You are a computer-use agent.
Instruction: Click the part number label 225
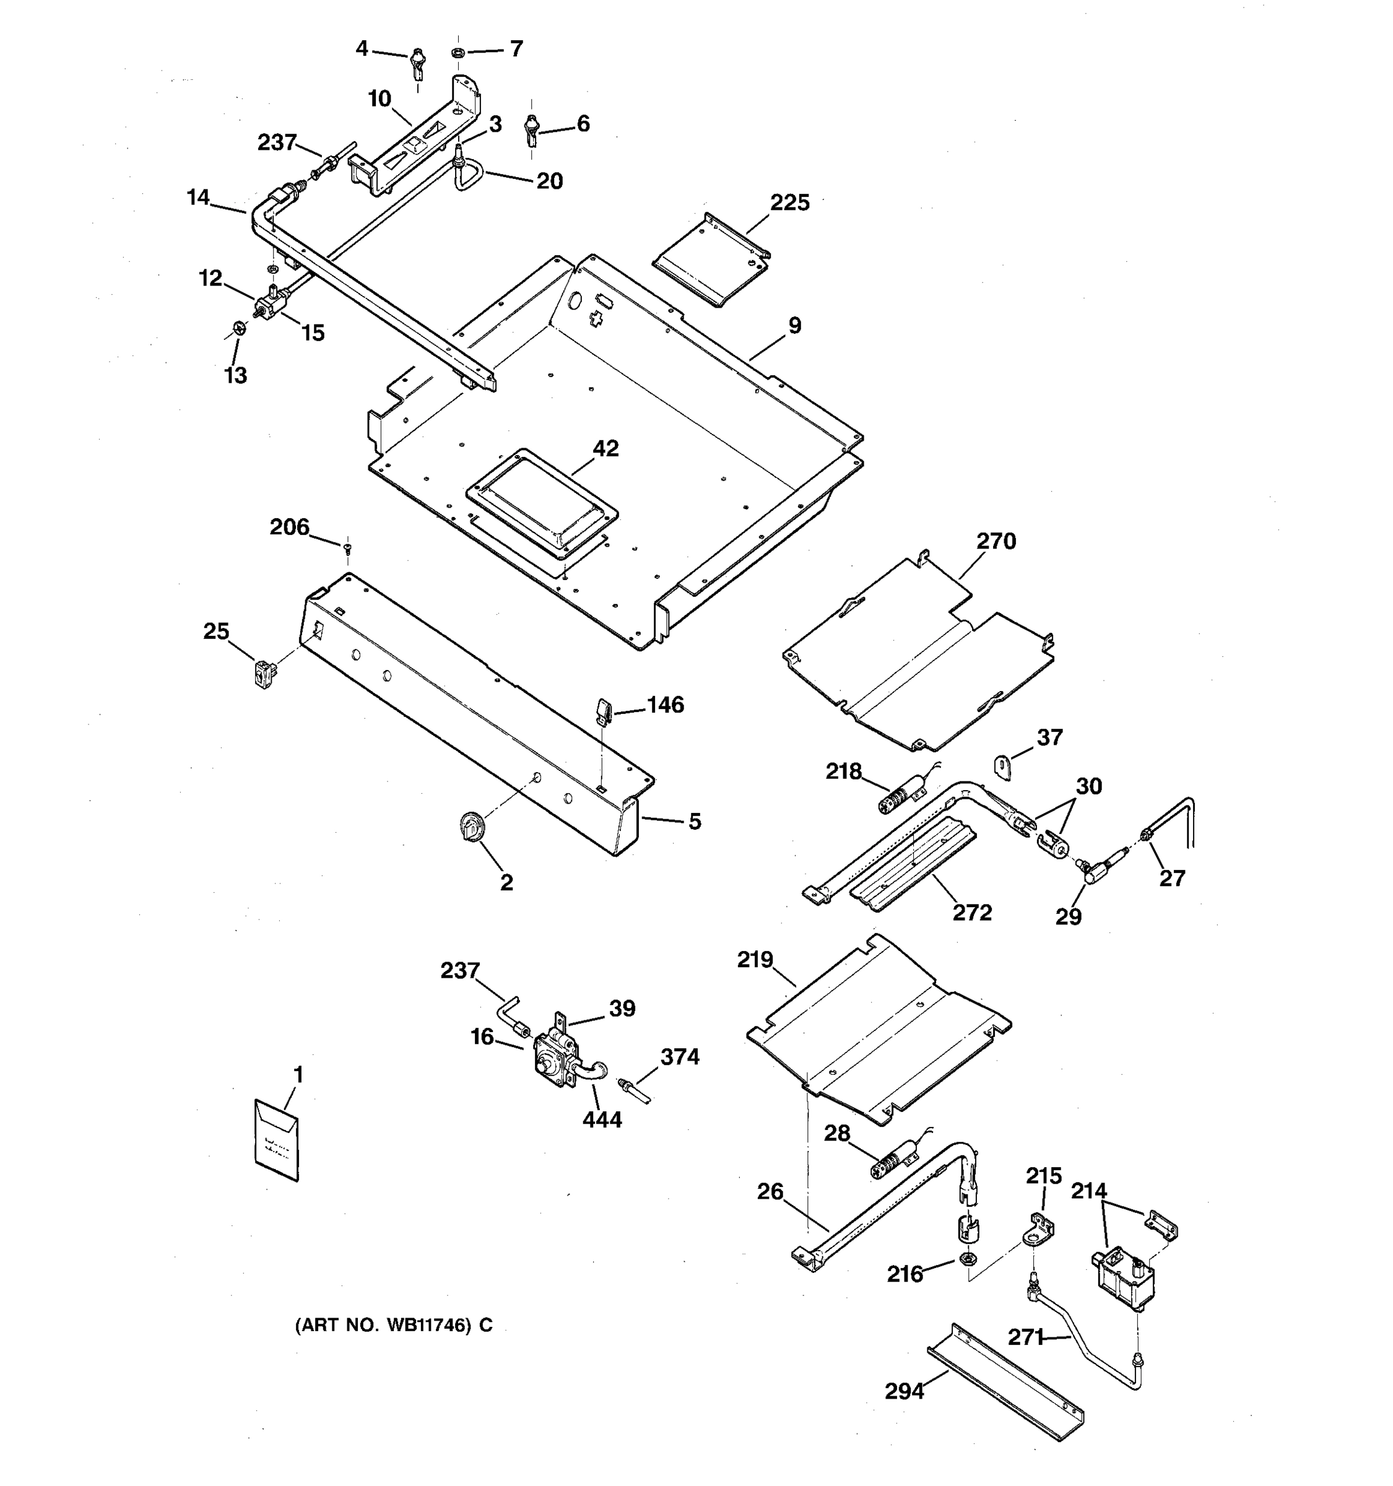point(790,202)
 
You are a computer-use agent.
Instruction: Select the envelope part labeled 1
point(277,1140)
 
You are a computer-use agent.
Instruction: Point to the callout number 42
point(605,448)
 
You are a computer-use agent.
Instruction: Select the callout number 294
point(905,1391)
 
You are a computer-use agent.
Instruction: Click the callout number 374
point(679,1057)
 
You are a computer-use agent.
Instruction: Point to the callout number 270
point(996,541)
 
